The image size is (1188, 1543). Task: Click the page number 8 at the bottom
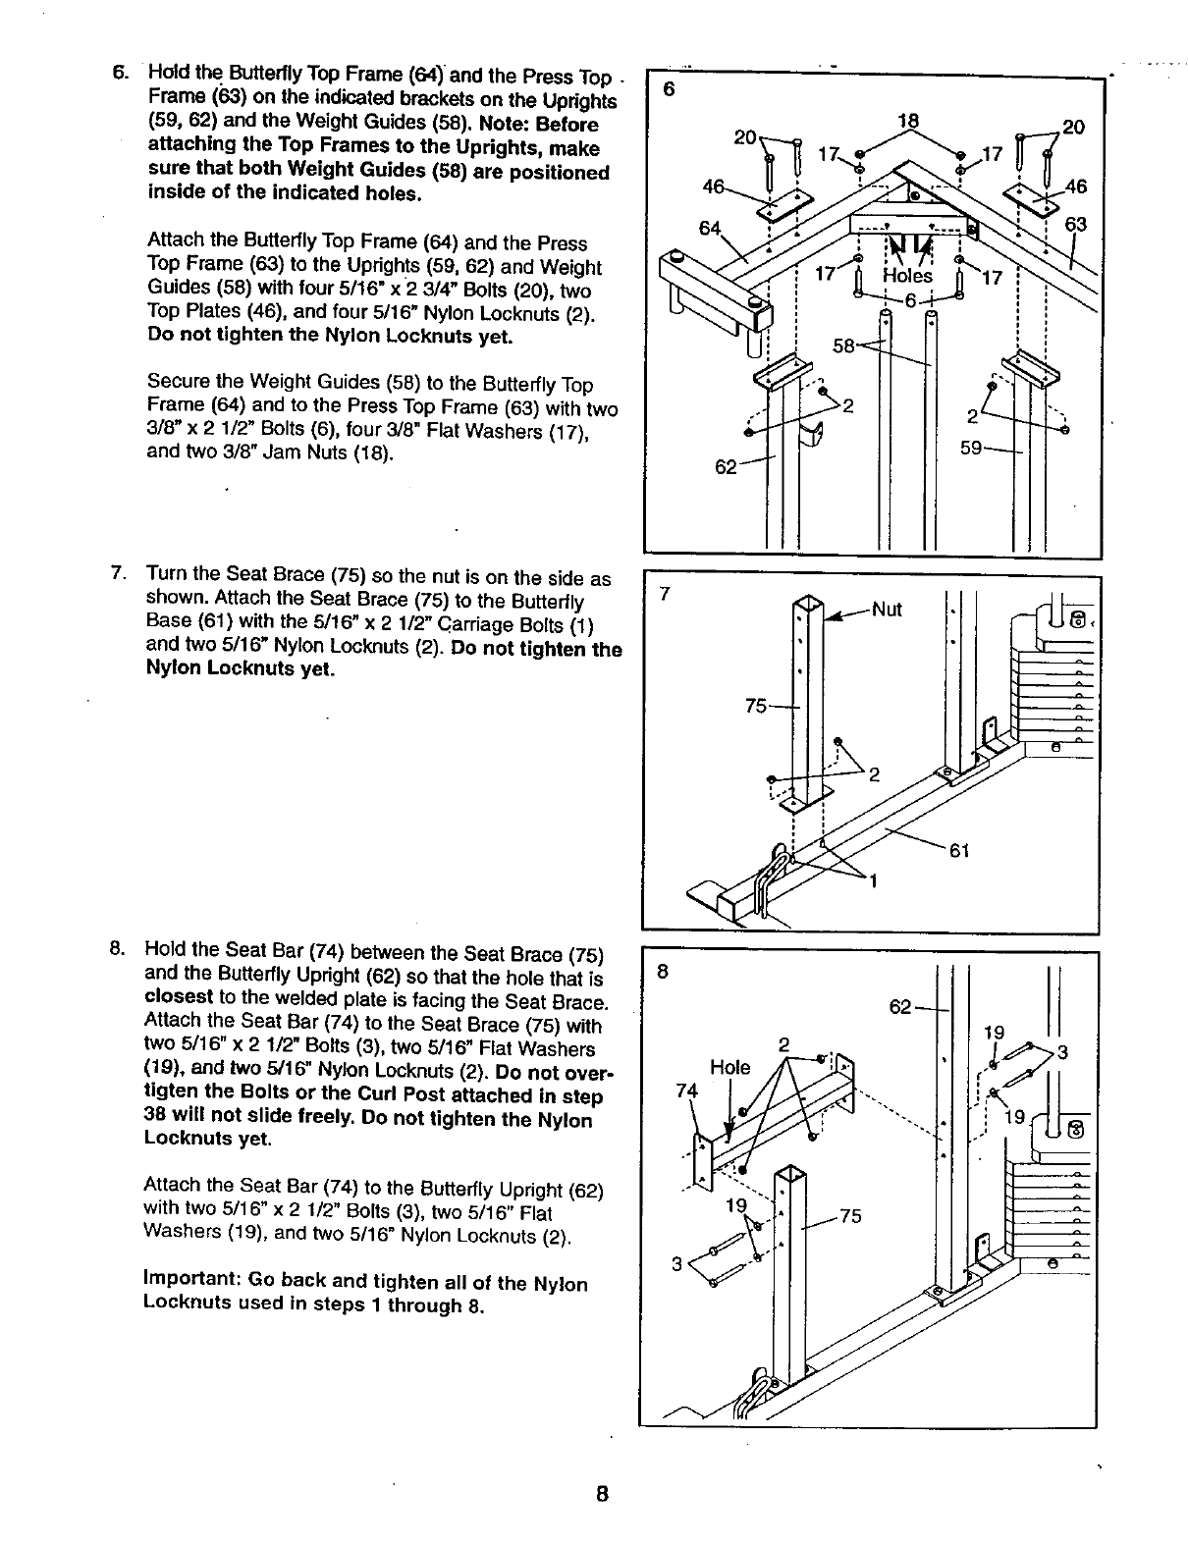tap(602, 1494)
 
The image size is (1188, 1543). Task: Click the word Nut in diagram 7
tap(887, 609)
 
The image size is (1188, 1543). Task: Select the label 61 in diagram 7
tap(959, 850)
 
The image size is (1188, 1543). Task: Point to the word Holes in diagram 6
tap(908, 276)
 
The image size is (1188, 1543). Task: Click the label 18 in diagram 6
tap(908, 121)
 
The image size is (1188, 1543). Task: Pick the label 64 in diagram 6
tap(709, 229)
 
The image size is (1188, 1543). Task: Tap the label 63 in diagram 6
tap(1076, 225)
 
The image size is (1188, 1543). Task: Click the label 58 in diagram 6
tap(844, 346)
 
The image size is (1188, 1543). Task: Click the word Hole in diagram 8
tap(729, 1067)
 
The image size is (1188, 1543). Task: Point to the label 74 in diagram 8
tap(687, 1090)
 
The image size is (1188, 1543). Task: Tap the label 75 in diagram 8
tap(849, 1217)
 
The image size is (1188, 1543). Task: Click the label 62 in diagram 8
tap(900, 1006)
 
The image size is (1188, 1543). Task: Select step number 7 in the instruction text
tap(117, 573)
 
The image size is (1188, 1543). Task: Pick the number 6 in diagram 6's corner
tap(669, 88)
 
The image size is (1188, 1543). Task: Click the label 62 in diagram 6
tap(726, 467)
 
